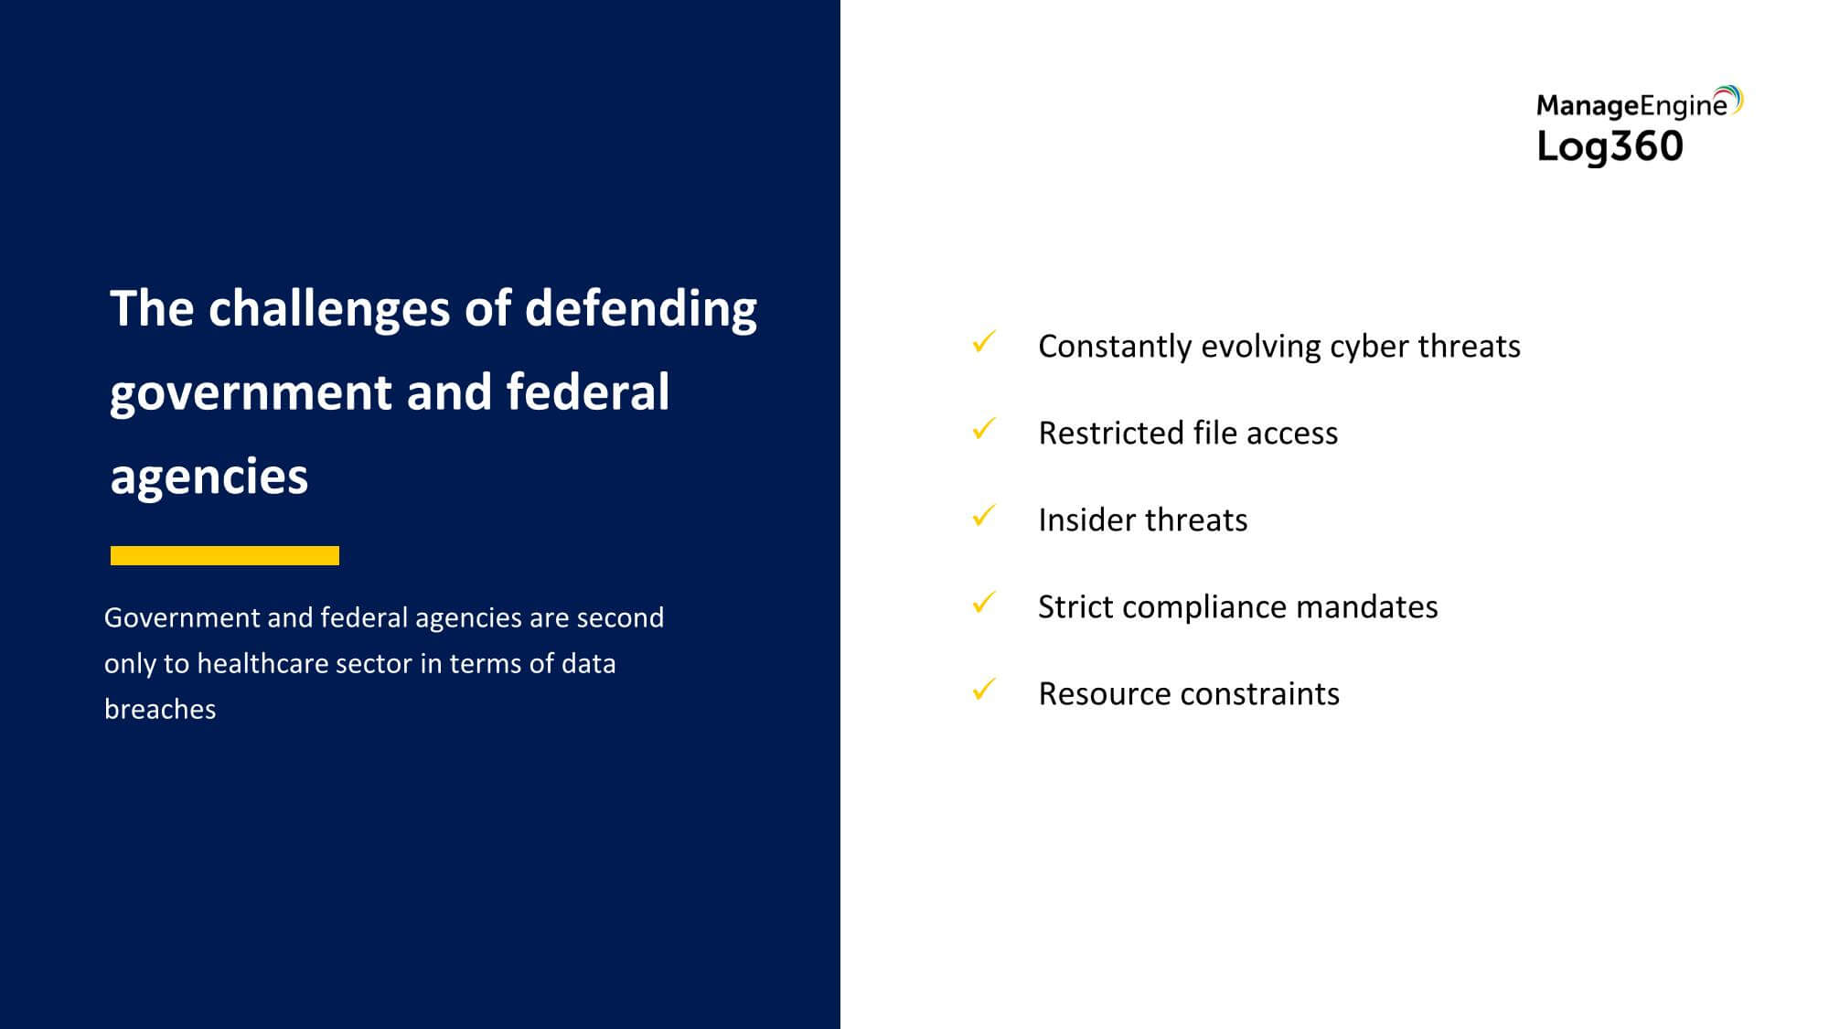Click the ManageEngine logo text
tap(1632, 106)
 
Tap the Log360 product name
tap(1610, 146)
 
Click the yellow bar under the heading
tap(225, 555)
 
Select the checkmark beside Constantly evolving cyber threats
tap(984, 342)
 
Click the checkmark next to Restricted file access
tap(984, 429)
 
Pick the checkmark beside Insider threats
tap(984, 516)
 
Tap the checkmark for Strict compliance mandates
tap(984, 603)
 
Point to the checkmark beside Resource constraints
tap(984, 689)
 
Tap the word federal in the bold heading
tap(588, 391)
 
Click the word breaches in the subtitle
tap(160, 709)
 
